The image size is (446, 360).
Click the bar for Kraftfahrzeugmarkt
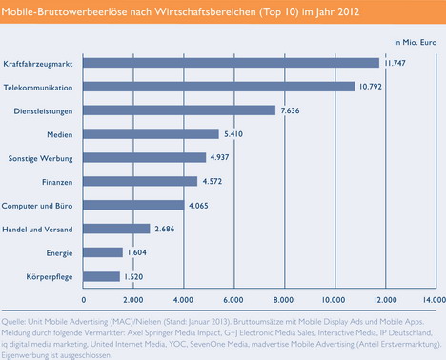point(231,63)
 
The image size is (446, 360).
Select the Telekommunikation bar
point(219,87)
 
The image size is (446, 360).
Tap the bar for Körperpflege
point(101,276)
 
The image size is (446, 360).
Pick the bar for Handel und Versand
point(116,229)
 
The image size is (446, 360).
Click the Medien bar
point(151,134)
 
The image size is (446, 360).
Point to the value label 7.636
point(290,110)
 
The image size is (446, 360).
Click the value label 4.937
point(219,157)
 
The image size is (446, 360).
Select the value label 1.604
point(137,252)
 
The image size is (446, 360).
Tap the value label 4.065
point(198,206)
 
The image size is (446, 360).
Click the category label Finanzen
point(57,182)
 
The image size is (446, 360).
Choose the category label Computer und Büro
point(37,206)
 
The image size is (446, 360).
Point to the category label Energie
point(59,253)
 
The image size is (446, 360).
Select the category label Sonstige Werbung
point(40,158)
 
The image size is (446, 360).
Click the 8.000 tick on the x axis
point(283,300)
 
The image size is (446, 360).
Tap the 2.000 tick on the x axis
point(132,300)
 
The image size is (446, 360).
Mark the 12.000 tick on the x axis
point(385,300)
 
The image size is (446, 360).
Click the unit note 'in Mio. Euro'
point(416,42)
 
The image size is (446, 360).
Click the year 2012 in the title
point(349,11)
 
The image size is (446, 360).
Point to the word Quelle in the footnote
point(13,322)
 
